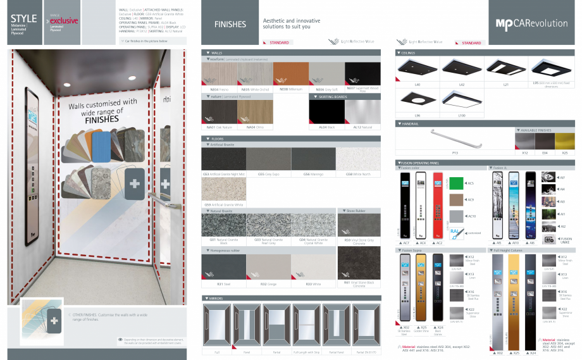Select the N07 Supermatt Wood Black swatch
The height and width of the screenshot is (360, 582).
[362, 74]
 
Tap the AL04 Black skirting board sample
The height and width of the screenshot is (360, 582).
[326, 113]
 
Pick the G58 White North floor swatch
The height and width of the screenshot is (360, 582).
[358, 159]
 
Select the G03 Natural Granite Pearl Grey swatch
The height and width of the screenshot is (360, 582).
[268, 225]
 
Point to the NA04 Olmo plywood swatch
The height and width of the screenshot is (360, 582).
[255, 113]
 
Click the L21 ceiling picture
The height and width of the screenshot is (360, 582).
[506, 66]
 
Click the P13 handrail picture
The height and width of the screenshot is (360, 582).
[455, 139]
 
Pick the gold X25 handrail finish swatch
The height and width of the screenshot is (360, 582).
[564, 140]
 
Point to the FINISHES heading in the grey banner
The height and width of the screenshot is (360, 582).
[230, 25]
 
